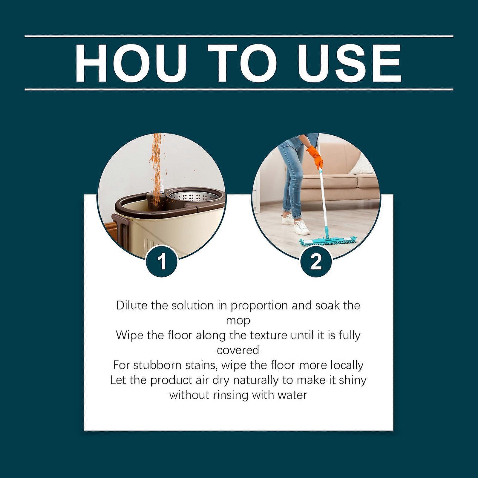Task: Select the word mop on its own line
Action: tap(238, 321)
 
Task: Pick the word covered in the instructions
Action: tap(238, 350)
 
